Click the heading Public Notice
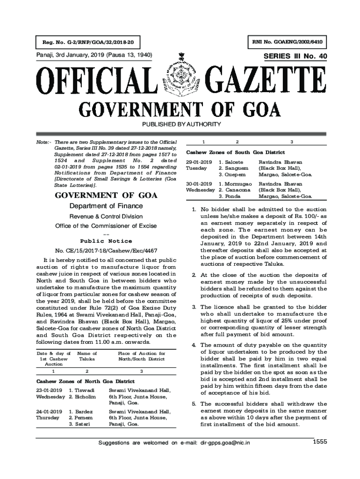[x=106, y=241]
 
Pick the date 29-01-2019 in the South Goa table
[x=199, y=162]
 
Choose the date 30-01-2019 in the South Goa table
[x=199, y=184]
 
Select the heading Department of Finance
[x=106, y=206]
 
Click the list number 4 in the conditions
[x=194, y=345]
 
